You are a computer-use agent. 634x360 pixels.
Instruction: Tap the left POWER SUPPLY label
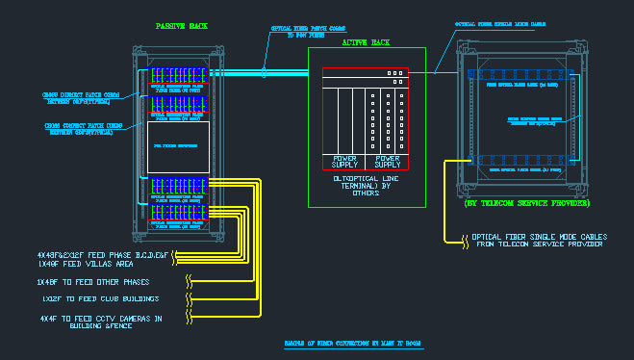[x=344, y=160]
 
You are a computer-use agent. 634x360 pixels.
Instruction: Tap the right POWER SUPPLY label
[x=388, y=160]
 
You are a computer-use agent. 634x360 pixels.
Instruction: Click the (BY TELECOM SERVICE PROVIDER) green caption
[x=526, y=204]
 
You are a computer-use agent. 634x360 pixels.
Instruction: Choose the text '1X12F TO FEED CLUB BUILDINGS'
[x=93, y=299]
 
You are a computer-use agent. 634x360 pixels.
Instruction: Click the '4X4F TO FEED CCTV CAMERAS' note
[x=100, y=321]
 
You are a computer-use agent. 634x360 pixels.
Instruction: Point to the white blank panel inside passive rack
[x=178, y=145]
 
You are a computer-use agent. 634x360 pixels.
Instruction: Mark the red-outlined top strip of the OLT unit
[x=366, y=73]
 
